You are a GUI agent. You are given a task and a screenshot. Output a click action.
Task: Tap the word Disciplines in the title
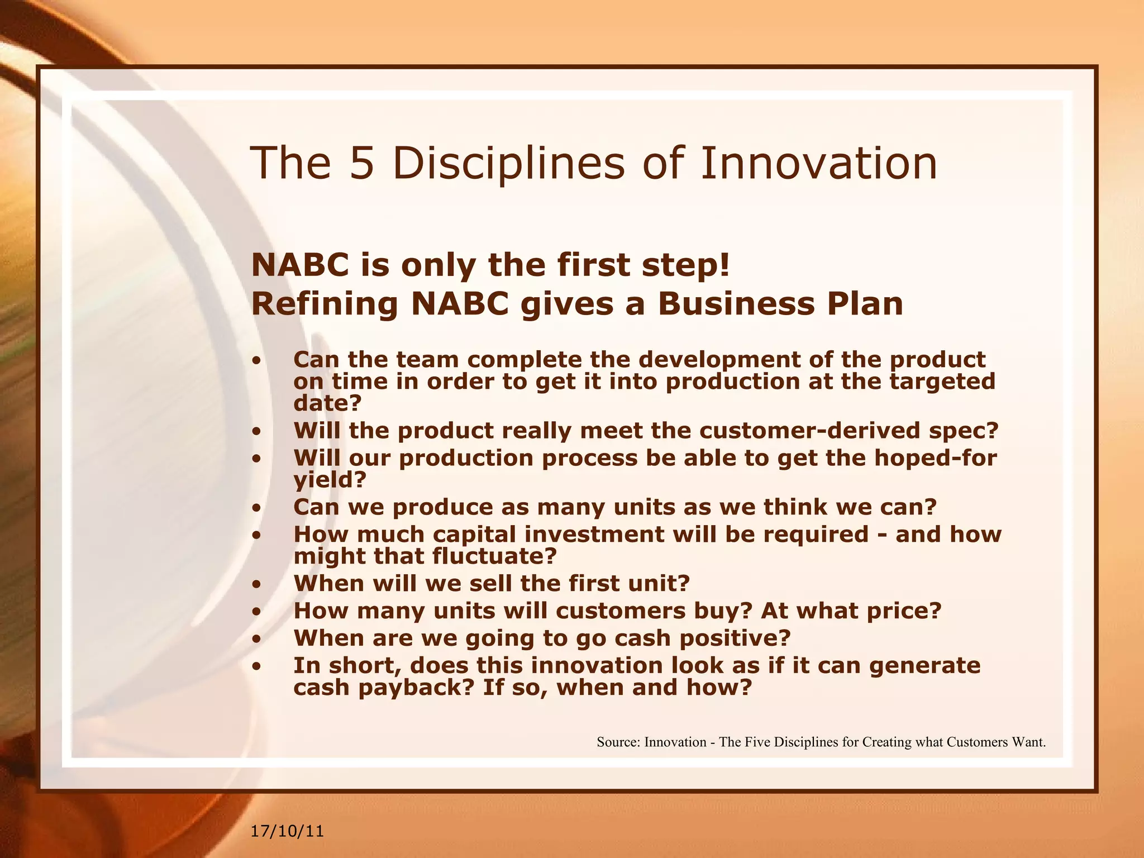coord(508,163)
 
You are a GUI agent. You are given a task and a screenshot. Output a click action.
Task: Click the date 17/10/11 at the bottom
coord(287,831)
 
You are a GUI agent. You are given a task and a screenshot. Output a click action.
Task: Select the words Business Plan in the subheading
coord(780,304)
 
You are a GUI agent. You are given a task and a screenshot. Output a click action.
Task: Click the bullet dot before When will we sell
coord(256,585)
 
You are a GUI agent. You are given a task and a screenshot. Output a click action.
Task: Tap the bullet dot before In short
coord(256,666)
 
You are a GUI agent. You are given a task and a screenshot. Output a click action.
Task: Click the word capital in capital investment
coord(474,534)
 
